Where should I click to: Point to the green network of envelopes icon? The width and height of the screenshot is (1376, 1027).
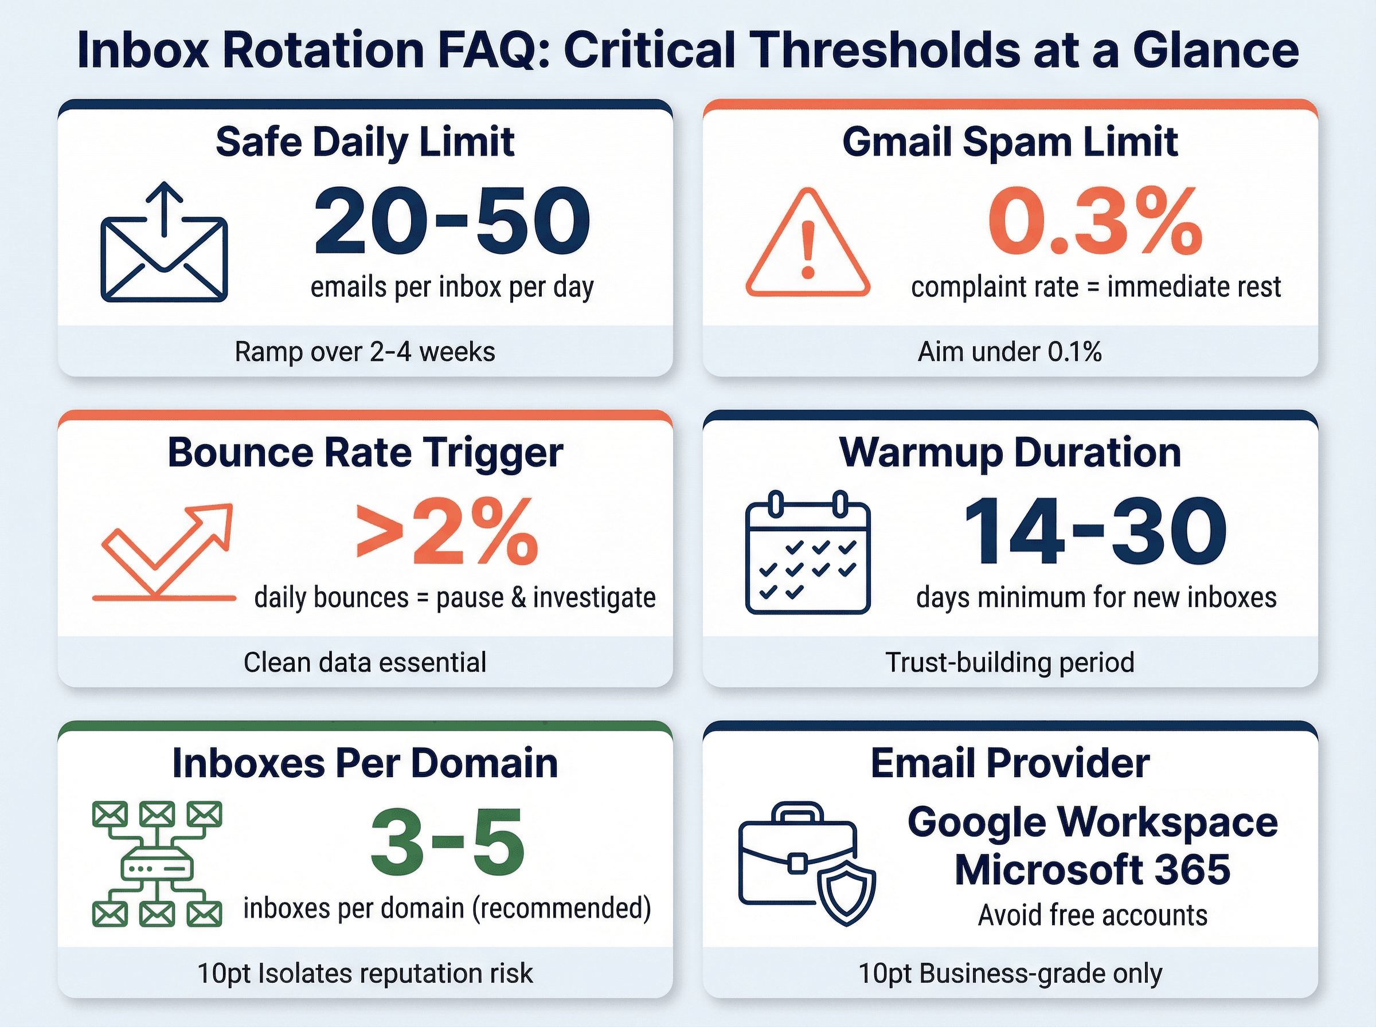point(157,864)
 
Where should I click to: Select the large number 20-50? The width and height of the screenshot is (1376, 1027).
point(452,221)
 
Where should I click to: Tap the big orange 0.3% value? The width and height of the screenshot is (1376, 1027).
point(1095,221)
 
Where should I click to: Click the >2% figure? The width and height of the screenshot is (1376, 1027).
point(447,532)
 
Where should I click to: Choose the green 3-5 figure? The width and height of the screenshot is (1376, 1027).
point(447,843)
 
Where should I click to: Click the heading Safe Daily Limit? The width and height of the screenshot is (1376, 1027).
point(365,142)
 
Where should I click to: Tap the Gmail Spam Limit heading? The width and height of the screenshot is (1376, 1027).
point(1010,142)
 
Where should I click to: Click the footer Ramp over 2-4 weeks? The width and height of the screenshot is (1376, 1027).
point(365,352)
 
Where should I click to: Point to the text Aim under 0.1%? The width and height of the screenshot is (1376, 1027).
point(1010,352)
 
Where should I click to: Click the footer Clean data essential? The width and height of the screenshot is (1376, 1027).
point(365,662)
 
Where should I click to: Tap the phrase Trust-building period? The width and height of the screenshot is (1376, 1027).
point(1010,662)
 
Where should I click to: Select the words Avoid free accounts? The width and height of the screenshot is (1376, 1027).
point(1092,915)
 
